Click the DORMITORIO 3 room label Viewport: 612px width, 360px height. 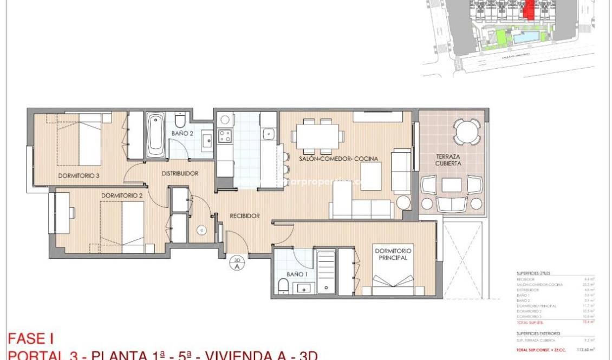(79, 175)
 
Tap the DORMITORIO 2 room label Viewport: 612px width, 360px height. (122, 195)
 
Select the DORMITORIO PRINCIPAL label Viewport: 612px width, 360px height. (393, 254)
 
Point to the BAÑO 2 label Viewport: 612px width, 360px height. (183, 133)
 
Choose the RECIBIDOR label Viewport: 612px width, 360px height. (245, 215)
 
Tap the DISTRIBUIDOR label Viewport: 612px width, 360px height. (180, 174)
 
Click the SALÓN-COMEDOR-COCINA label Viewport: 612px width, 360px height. (338, 159)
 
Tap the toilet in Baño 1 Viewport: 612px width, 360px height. (283, 286)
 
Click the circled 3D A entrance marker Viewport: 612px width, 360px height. (237, 263)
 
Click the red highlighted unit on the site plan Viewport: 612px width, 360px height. (529, 10)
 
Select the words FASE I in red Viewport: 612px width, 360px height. (30, 339)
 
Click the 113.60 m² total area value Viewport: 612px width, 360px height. (584, 350)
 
